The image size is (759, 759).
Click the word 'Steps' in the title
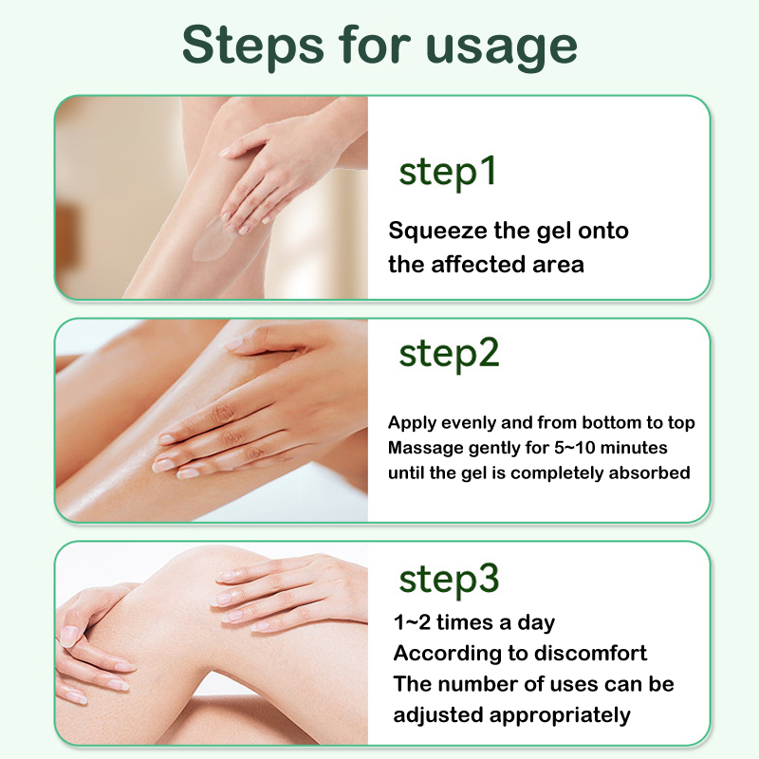coord(253,46)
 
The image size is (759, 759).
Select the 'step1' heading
coord(448,173)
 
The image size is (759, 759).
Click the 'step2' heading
coord(449,354)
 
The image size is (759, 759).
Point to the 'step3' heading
coord(449,580)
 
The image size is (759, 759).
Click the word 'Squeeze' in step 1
coord(437,231)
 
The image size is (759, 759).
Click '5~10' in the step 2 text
coord(575,447)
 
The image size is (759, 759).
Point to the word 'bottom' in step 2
coord(612,422)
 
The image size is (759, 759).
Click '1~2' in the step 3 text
coord(412,622)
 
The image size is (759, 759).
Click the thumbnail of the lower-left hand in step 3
coord(70,637)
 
